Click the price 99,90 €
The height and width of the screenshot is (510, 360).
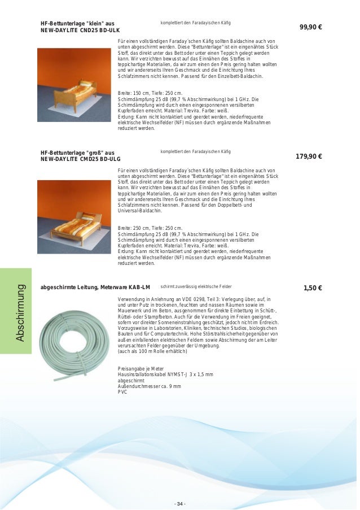310,27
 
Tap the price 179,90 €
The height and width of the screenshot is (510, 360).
309,156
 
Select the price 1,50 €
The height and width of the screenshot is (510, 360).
312,287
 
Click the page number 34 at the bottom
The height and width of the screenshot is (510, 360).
181,488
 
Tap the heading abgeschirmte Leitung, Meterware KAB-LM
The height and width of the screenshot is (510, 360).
95,287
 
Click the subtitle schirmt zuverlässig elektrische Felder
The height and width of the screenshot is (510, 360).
196,287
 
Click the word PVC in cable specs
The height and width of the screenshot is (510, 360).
122,391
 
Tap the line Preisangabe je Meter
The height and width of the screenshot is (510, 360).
141,368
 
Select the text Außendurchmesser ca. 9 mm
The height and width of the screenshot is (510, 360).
149,386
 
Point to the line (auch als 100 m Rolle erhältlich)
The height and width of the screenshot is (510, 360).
152,351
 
